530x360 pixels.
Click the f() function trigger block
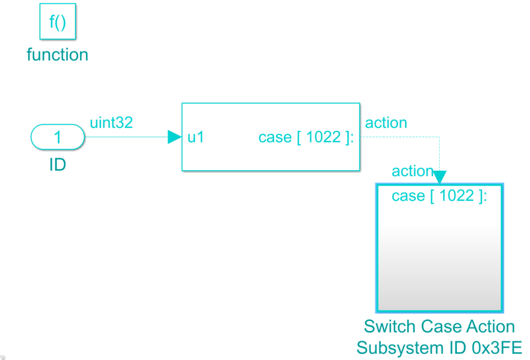(58, 22)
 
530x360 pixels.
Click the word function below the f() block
(57, 55)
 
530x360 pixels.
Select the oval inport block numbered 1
(57, 138)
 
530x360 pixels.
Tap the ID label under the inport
(57, 165)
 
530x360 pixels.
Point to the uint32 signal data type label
(111, 123)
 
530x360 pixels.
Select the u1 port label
(196, 138)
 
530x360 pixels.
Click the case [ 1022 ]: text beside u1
(306, 138)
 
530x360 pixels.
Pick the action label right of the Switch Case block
(386, 123)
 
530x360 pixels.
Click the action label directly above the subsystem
(412, 171)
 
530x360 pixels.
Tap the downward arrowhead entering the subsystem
(440, 177)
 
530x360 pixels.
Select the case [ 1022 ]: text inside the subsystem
(439, 196)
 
